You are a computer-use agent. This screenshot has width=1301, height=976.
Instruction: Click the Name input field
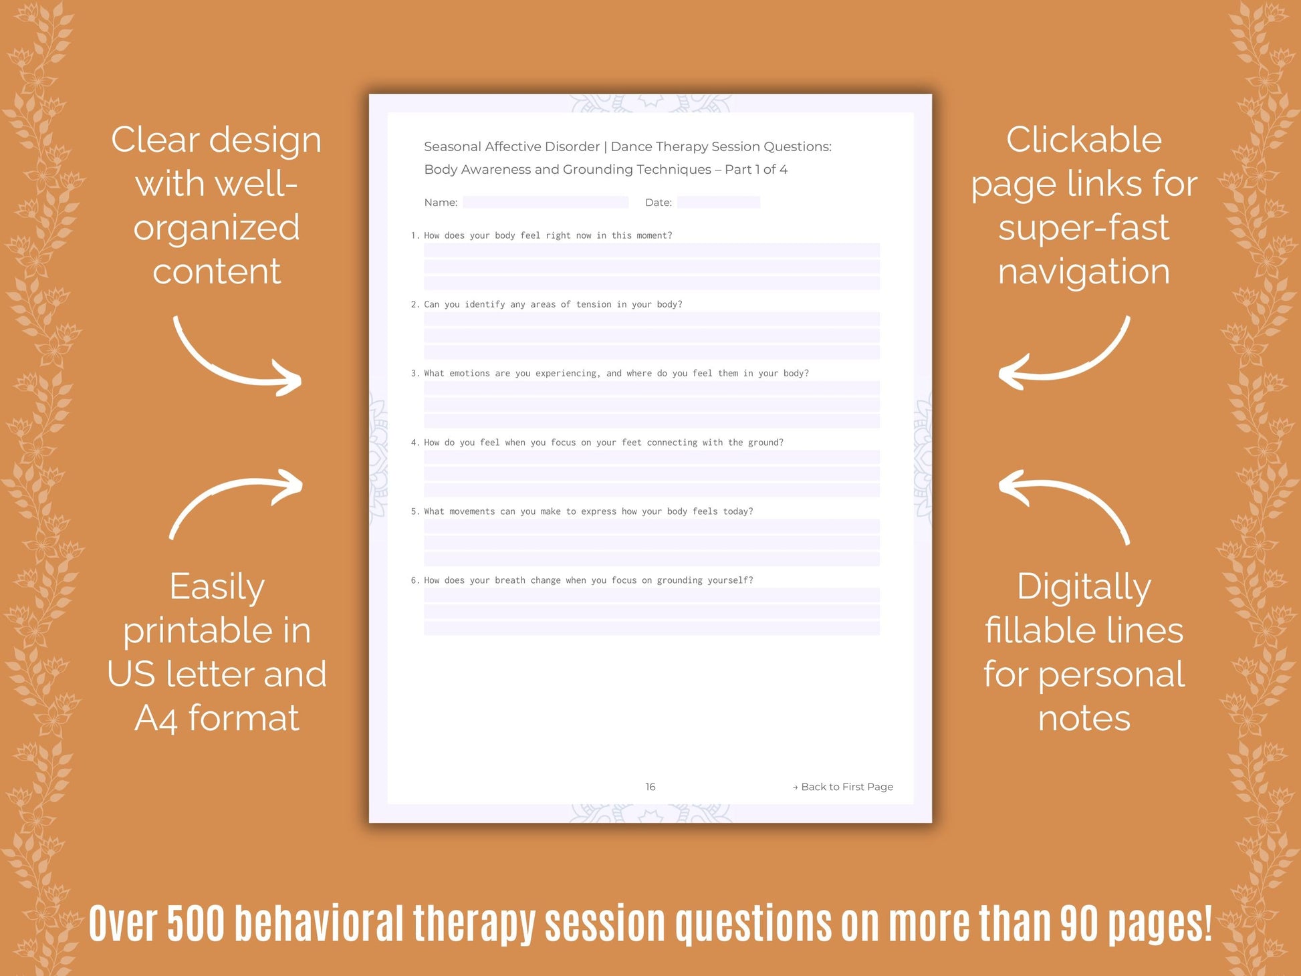pyautogui.click(x=546, y=202)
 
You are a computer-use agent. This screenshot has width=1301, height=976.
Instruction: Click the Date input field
pyautogui.click(x=718, y=202)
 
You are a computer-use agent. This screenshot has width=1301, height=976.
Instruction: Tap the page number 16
pyautogui.click(x=650, y=787)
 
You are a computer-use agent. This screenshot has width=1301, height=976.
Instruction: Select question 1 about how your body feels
pyautogui.click(x=542, y=235)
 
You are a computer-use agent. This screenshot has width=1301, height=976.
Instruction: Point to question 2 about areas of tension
pyautogui.click(x=546, y=304)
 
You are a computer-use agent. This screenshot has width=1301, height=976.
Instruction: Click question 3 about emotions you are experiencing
pyautogui.click(x=610, y=373)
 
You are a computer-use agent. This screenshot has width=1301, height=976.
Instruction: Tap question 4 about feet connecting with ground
pyautogui.click(x=597, y=443)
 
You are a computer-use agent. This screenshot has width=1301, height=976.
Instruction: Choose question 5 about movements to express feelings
pyautogui.click(x=582, y=511)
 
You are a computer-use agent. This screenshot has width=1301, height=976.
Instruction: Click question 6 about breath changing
pyautogui.click(x=582, y=580)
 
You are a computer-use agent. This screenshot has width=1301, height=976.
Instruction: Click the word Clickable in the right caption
pyautogui.click(x=1084, y=140)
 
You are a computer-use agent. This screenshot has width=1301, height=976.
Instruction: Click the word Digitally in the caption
pyautogui.click(x=1084, y=587)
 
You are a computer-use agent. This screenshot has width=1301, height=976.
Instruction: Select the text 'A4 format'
pyautogui.click(x=217, y=718)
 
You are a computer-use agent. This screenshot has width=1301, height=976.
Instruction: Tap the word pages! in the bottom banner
pyautogui.click(x=1160, y=925)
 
